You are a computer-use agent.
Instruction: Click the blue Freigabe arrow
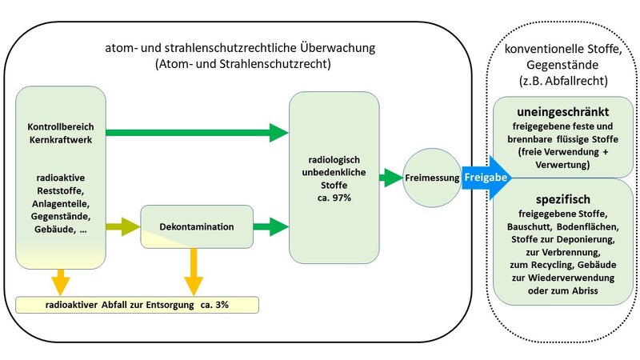point(486,178)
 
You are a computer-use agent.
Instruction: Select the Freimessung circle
point(432,178)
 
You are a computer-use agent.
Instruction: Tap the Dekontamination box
point(197,226)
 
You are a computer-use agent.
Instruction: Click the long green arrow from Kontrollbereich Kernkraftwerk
point(197,132)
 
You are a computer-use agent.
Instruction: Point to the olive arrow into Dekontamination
point(123,226)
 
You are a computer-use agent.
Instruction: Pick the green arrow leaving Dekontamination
point(271,226)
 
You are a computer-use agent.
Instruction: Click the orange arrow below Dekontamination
point(194,272)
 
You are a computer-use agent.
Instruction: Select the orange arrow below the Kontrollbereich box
point(61,282)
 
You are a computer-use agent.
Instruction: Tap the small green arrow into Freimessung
point(391,178)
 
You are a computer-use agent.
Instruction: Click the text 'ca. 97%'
point(334,198)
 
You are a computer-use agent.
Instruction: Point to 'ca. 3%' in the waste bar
point(214,305)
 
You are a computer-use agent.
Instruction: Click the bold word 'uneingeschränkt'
point(563,112)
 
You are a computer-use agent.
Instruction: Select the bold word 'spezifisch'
point(563,199)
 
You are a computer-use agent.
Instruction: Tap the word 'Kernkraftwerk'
point(61,139)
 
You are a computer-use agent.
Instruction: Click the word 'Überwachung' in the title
point(338,47)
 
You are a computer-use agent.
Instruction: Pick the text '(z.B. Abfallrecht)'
point(563,81)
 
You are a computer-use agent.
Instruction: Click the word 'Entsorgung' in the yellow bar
point(170,305)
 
